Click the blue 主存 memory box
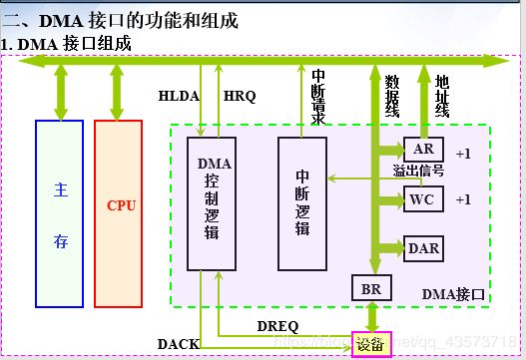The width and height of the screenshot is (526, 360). [59, 212]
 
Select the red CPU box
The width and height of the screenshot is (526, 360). [120, 212]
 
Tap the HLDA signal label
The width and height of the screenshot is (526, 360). [179, 96]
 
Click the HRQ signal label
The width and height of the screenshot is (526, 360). [240, 96]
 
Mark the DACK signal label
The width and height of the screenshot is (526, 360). [178, 344]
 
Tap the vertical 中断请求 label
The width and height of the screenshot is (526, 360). [317, 98]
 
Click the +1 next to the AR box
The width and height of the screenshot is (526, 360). [462, 154]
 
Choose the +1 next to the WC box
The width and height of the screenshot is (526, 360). [462, 199]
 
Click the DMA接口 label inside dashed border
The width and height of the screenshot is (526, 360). [453, 294]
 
